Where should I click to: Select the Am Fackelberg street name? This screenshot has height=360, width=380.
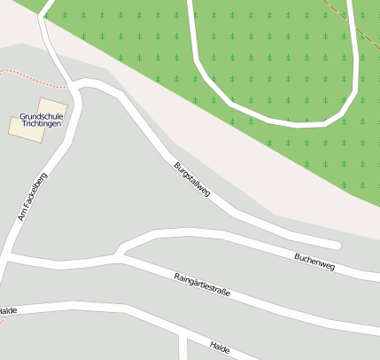click(x=32, y=196)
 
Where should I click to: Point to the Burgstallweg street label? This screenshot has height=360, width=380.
click(x=191, y=179)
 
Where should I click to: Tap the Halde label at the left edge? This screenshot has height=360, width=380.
click(x=8, y=310)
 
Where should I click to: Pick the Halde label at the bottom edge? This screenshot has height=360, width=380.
click(x=220, y=348)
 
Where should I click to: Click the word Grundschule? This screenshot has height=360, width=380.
click(x=41, y=116)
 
